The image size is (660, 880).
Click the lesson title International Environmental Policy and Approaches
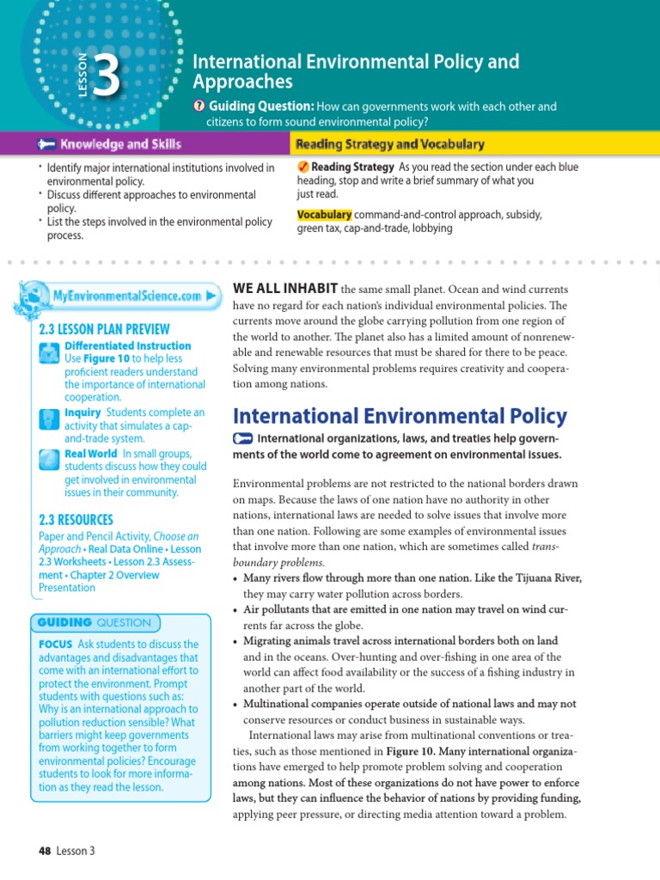(355, 71)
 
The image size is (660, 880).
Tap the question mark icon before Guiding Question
(199, 107)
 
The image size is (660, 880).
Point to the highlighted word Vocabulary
(324, 214)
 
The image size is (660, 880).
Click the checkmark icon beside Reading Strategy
(303, 167)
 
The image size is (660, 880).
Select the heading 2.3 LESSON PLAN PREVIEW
(104, 329)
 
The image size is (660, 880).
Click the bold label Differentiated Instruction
(127, 345)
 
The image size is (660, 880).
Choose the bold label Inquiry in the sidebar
(82, 412)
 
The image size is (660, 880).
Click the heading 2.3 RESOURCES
(76, 519)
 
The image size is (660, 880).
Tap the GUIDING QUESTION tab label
(94, 622)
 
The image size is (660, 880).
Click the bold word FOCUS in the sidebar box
(55, 644)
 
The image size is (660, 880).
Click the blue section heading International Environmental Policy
(400, 417)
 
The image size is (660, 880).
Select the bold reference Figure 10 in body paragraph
(409, 750)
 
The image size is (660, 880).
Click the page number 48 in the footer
(46, 851)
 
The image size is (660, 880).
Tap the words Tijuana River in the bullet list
(547, 578)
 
